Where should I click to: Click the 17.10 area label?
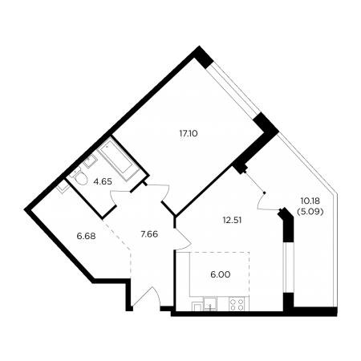point(189,133)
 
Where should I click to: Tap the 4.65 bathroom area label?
point(103,182)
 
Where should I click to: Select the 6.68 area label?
point(86,236)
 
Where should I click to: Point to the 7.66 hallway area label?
point(149,234)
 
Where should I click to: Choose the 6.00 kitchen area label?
point(221,274)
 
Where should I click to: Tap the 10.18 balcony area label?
point(310,201)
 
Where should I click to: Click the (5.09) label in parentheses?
point(310,212)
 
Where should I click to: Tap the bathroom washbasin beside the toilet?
point(90,161)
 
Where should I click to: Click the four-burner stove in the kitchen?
point(237,304)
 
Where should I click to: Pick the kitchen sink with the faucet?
point(210,304)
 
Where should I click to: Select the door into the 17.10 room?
point(162,192)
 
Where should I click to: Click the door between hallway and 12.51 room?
point(183,239)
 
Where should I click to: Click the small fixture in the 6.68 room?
point(63,186)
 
